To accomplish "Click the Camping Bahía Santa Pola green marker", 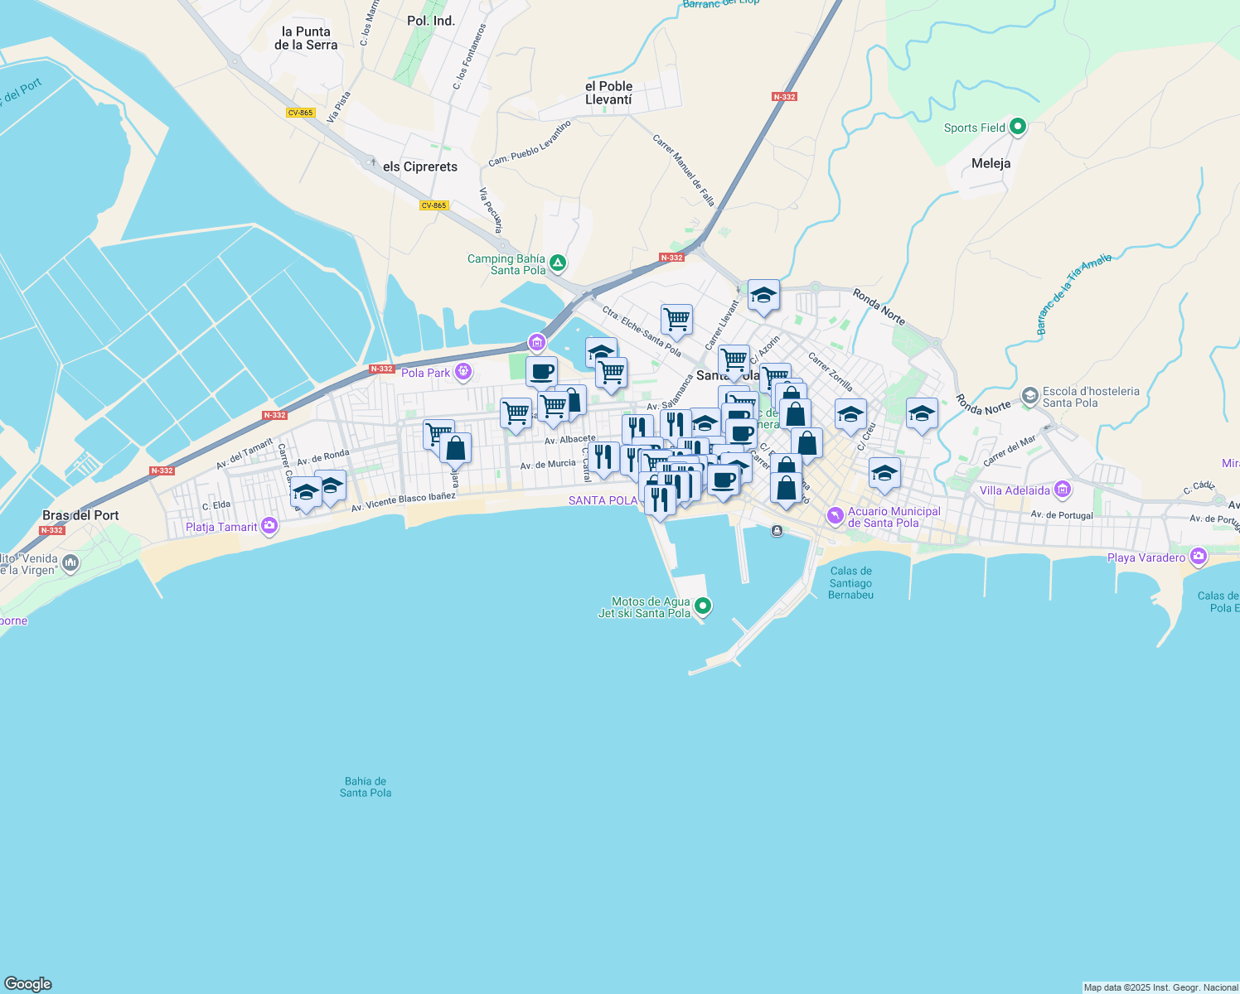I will click(558, 263).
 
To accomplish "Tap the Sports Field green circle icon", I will click(1018, 128).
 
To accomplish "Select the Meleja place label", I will click(991, 163).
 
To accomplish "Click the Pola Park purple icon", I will click(463, 372).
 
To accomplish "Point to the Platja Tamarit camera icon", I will click(269, 526).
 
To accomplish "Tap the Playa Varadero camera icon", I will click(1198, 557).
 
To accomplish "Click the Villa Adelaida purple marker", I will click(1063, 490).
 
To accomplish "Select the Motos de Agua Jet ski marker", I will click(703, 606).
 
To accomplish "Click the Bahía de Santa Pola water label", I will click(366, 787).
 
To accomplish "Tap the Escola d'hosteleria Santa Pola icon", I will click(1029, 396).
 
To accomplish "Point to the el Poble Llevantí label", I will click(608, 93).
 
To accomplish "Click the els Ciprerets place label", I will click(420, 166).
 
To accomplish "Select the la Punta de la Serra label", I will click(306, 38).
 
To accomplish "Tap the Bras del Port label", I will click(80, 515).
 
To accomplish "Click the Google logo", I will click(27, 984).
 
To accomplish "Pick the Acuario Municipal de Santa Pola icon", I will click(836, 516).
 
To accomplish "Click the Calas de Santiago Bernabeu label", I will click(850, 582).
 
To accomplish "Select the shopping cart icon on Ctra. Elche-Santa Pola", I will click(676, 320).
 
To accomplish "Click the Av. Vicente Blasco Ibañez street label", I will click(404, 502).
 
